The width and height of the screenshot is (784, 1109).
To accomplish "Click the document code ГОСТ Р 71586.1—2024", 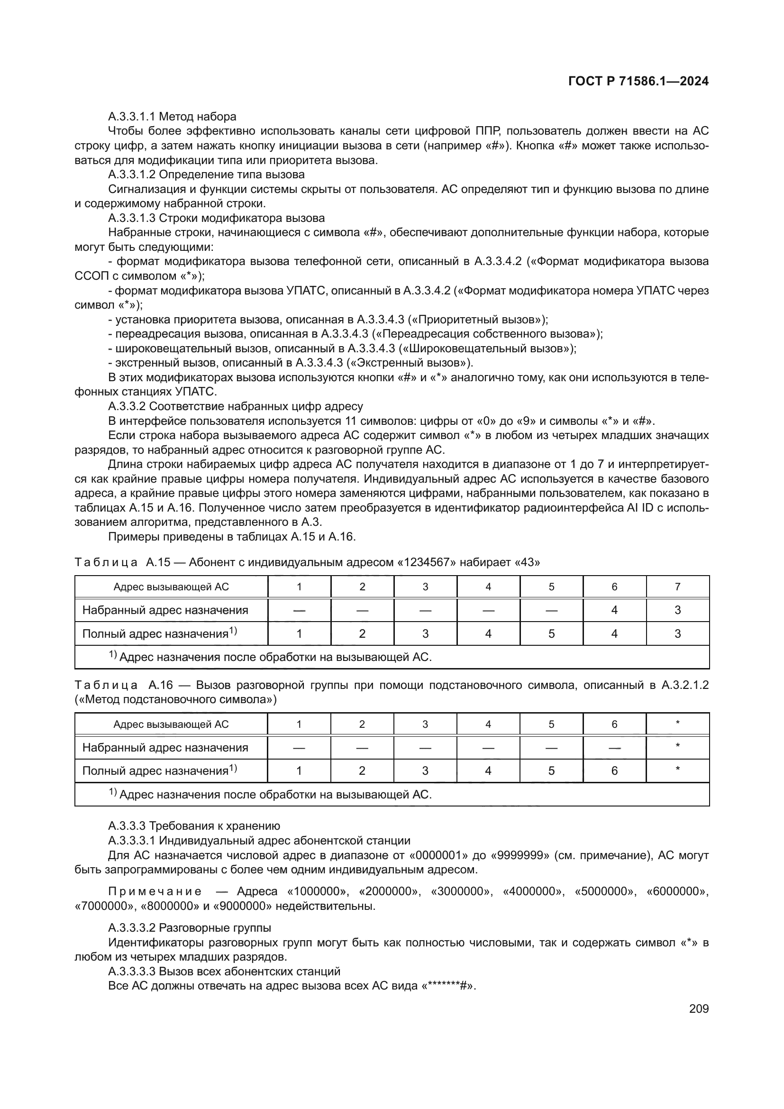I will tap(638, 81).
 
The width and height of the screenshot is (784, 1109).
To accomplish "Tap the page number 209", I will tap(699, 1009).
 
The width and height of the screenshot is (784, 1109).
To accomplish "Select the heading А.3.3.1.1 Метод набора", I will tap(172, 117).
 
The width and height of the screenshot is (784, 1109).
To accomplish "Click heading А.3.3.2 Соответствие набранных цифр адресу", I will tap(235, 406).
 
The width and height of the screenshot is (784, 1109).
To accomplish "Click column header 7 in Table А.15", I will tap(677, 587).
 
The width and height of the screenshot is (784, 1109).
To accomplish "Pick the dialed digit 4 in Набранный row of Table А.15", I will tap(614, 610).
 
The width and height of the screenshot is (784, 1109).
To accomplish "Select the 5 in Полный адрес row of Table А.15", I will tap(551, 634).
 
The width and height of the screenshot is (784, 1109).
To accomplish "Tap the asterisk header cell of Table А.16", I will tap(677, 724).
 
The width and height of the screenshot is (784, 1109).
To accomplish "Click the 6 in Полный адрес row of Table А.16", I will tap(614, 771).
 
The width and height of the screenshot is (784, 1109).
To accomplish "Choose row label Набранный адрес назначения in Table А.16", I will tap(165, 748).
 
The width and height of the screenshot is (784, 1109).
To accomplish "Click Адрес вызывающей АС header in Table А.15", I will tap(171, 587).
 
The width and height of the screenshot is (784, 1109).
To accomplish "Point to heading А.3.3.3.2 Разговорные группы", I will tap(189, 928).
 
